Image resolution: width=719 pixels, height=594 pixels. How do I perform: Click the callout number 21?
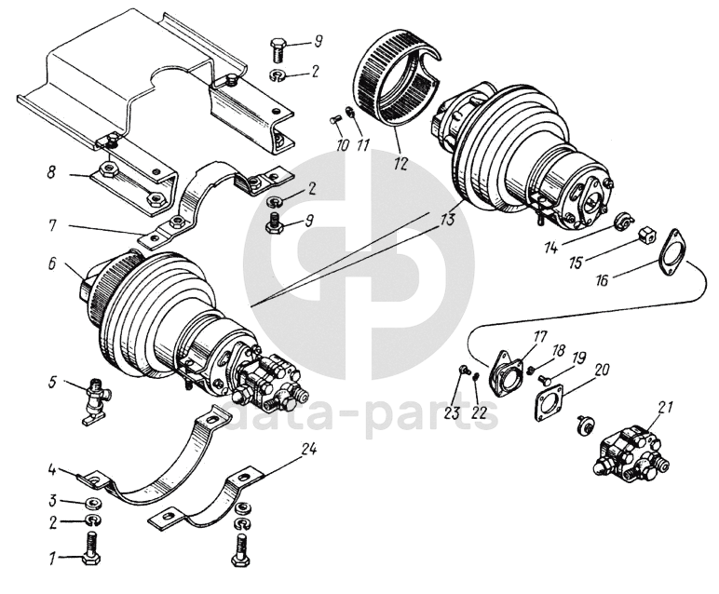tap(664, 406)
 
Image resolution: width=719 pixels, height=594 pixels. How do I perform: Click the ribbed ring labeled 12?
tap(396, 84)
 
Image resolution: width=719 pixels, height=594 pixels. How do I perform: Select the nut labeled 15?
tap(647, 236)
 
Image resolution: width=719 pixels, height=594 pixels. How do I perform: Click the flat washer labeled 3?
tap(92, 504)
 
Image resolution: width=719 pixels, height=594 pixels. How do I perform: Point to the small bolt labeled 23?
tap(464, 372)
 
